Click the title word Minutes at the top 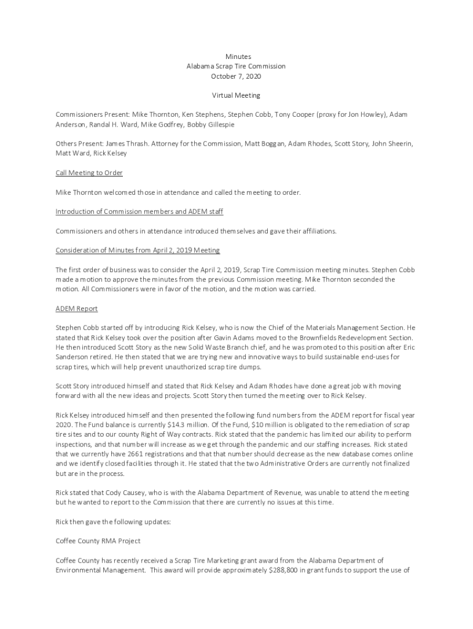237,57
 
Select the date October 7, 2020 237,76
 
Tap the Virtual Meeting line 237,95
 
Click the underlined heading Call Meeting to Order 89,173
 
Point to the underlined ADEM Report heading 77,308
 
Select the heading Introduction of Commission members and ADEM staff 139,211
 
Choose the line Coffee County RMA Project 98,541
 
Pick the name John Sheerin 391,144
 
